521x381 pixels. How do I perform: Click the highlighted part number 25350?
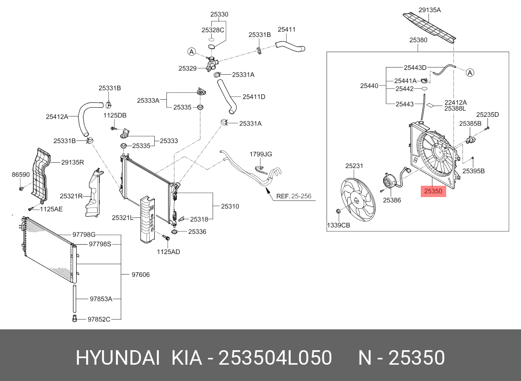pyautogui.click(x=433, y=191)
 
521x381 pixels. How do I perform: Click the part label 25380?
pyautogui.click(x=418, y=40)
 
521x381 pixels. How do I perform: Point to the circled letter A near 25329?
pyautogui.click(x=192, y=52)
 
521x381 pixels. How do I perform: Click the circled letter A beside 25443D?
pyautogui.click(x=470, y=72)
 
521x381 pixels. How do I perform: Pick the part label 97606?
pyautogui.click(x=141, y=275)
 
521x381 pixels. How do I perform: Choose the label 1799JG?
pyautogui.click(x=261, y=154)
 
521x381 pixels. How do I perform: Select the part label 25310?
pyautogui.click(x=230, y=207)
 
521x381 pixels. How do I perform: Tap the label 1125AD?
pyautogui.click(x=169, y=251)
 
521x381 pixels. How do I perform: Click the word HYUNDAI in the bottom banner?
pyautogui.click(x=117, y=358)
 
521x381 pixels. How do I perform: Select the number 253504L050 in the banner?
pyautogui.click(x=275, y=358)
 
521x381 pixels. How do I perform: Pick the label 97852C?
pyautogui.click(x=99, y=319)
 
